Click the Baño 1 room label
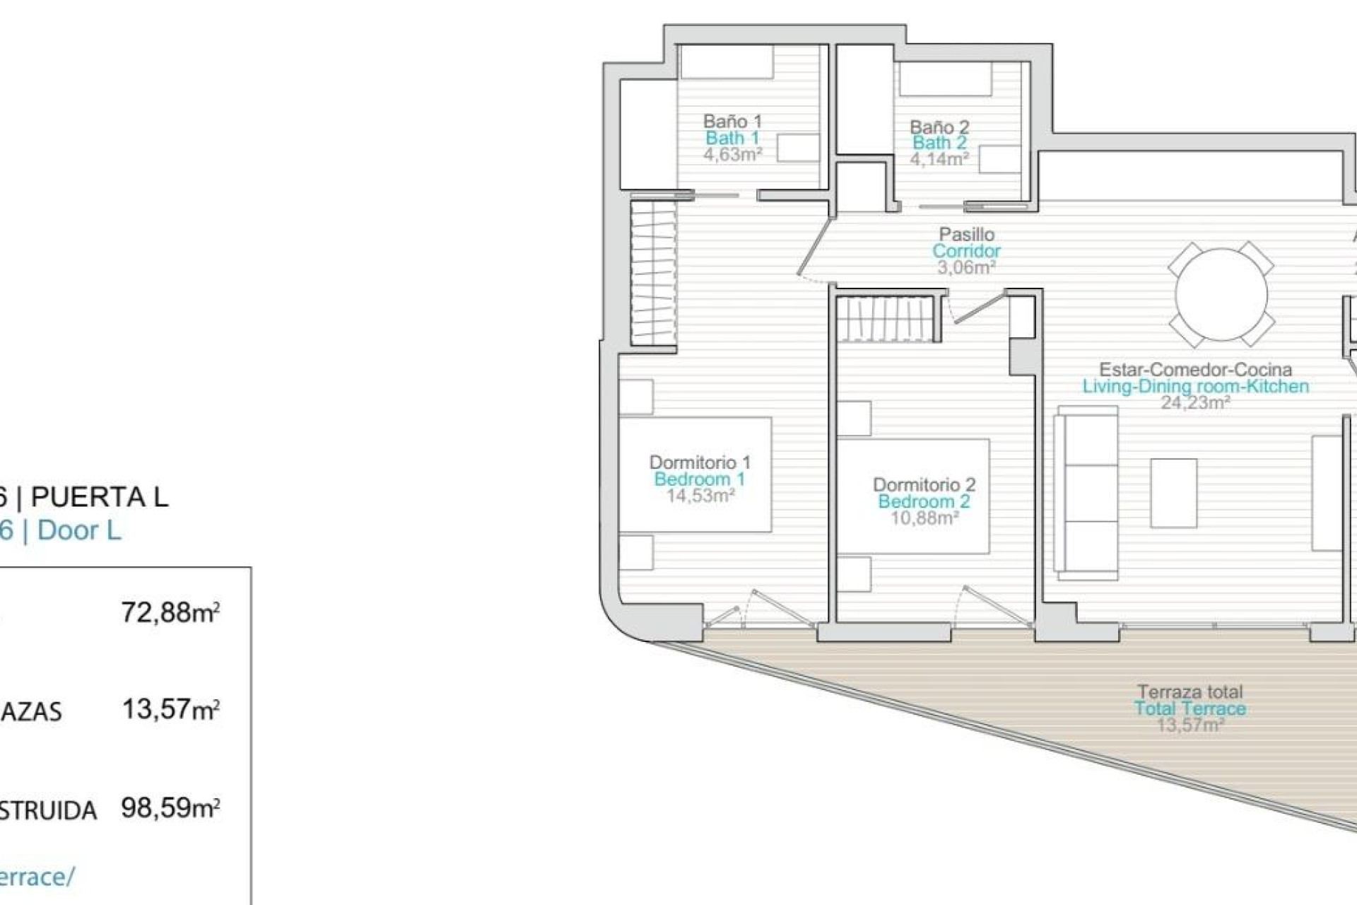coord(732,121)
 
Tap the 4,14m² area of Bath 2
coord(939,160)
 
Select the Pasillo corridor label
coord(966,234)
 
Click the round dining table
coord(1221,293)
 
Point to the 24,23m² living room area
coord(1195,403)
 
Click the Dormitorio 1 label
coord(700,462)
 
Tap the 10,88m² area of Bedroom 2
coord(924,518)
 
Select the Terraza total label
coord(1190,691)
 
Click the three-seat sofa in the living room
coord(1086,493)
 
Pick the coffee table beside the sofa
coord(1173,493)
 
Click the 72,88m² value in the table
coord(170,612)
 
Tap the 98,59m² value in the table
coord(170,807)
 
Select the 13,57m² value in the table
coord(170,709)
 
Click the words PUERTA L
coord(100,497)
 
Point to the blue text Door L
coord(79,530)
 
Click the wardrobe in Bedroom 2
coord(888,319)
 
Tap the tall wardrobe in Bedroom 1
coord(653,273)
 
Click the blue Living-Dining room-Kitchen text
coord(1195,387)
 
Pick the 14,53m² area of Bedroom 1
coord(700,496)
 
